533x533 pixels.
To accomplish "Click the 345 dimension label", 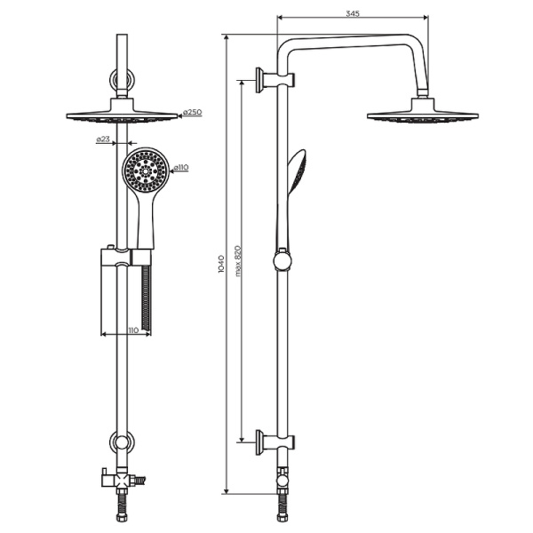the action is [353, 13].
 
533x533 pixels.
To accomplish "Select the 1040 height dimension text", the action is [221, 264].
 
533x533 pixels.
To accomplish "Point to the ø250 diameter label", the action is [192, 112].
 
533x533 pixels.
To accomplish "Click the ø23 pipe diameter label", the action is [103, 139].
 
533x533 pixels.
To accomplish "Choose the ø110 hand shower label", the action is [181, 167].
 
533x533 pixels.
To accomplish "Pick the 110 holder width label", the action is [133, 330].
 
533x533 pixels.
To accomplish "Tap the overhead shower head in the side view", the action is [423, 111].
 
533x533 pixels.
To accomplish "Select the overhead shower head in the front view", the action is [122, 111].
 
